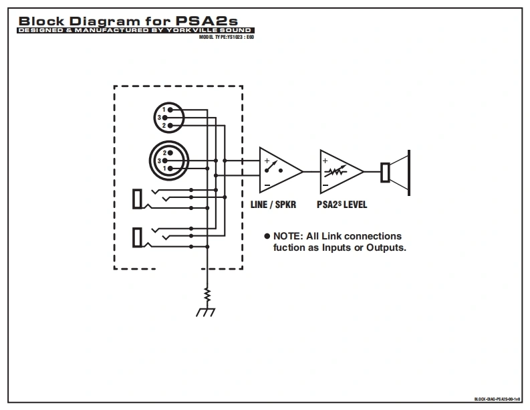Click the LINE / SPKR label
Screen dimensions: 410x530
[x=273, y=205]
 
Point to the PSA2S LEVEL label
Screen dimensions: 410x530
[x=342, y=205]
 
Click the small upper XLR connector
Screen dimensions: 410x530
[x=167, y=117]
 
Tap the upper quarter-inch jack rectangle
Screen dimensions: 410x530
[x=138, y=199]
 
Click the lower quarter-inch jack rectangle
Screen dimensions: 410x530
[x=138, y=237]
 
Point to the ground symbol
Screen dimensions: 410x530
[x=207, y=311]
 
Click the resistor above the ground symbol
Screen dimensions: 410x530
[x=207, y=294]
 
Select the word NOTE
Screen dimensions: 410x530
[x=289, y=236]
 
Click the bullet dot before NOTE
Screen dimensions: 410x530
[x=267, y=236]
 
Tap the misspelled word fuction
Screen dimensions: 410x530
[x=291, y=247]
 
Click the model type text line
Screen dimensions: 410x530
[x=227, y=37]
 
